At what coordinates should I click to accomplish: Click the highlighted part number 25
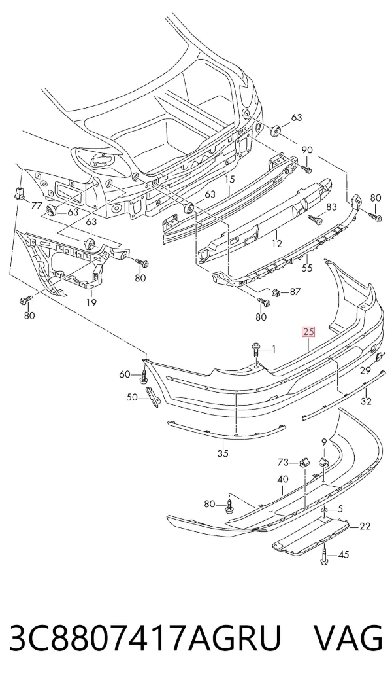[308, 331]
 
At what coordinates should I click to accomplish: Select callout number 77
[37, 205]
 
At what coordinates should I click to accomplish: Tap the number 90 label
[307, 150]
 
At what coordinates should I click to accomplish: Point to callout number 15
[230, 179]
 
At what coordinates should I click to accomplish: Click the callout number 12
[277, 243]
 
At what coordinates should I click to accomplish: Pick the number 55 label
[306, 268]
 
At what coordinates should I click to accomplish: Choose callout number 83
[331, 207]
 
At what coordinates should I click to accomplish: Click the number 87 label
[295, 292]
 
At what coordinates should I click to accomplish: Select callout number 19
[91, 302]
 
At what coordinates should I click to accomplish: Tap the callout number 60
[125, 374]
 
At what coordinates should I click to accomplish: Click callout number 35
[223, 453]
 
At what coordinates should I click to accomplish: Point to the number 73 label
[283, 462]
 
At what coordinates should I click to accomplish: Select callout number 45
[343, 554]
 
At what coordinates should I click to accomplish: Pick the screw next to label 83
[315, 219]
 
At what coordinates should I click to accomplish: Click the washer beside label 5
[325, 510]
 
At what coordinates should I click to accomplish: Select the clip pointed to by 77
[19, 192]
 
